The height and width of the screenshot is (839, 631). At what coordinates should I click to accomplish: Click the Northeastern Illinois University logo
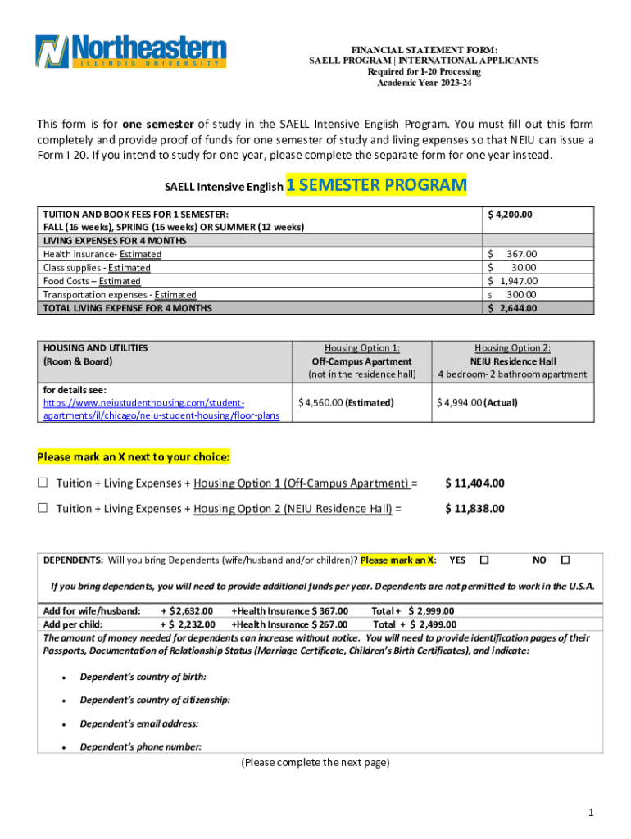(x=130, y=52)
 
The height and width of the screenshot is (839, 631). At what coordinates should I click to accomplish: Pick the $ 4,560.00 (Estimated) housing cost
(x=346, y=402)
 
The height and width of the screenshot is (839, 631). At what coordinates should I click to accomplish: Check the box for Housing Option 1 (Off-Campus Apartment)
(x=43, y=483)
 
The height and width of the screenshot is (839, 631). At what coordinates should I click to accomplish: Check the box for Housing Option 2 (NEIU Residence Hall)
(x=43, y=509)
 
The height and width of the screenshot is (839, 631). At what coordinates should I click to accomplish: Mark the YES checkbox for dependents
(x=483, y=560)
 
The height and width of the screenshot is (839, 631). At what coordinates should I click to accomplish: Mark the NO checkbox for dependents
(x=565, y=560)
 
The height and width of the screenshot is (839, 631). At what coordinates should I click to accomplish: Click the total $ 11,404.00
(x=474, y=483)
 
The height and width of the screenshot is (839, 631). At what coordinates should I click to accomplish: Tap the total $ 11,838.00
(x=474, y=509)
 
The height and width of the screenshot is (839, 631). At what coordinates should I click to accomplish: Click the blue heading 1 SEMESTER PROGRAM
(x=376, y=185)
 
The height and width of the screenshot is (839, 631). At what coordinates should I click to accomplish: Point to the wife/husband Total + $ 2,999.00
(x=413, y=610)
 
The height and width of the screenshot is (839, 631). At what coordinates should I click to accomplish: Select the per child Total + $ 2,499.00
(x=415, y=624)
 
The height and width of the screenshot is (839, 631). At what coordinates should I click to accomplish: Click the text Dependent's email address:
(x=138, y=723)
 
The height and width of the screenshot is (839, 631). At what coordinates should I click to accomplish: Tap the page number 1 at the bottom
(x=589, y=812)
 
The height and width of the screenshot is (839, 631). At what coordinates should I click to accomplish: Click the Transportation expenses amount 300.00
(x=520, y=294)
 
